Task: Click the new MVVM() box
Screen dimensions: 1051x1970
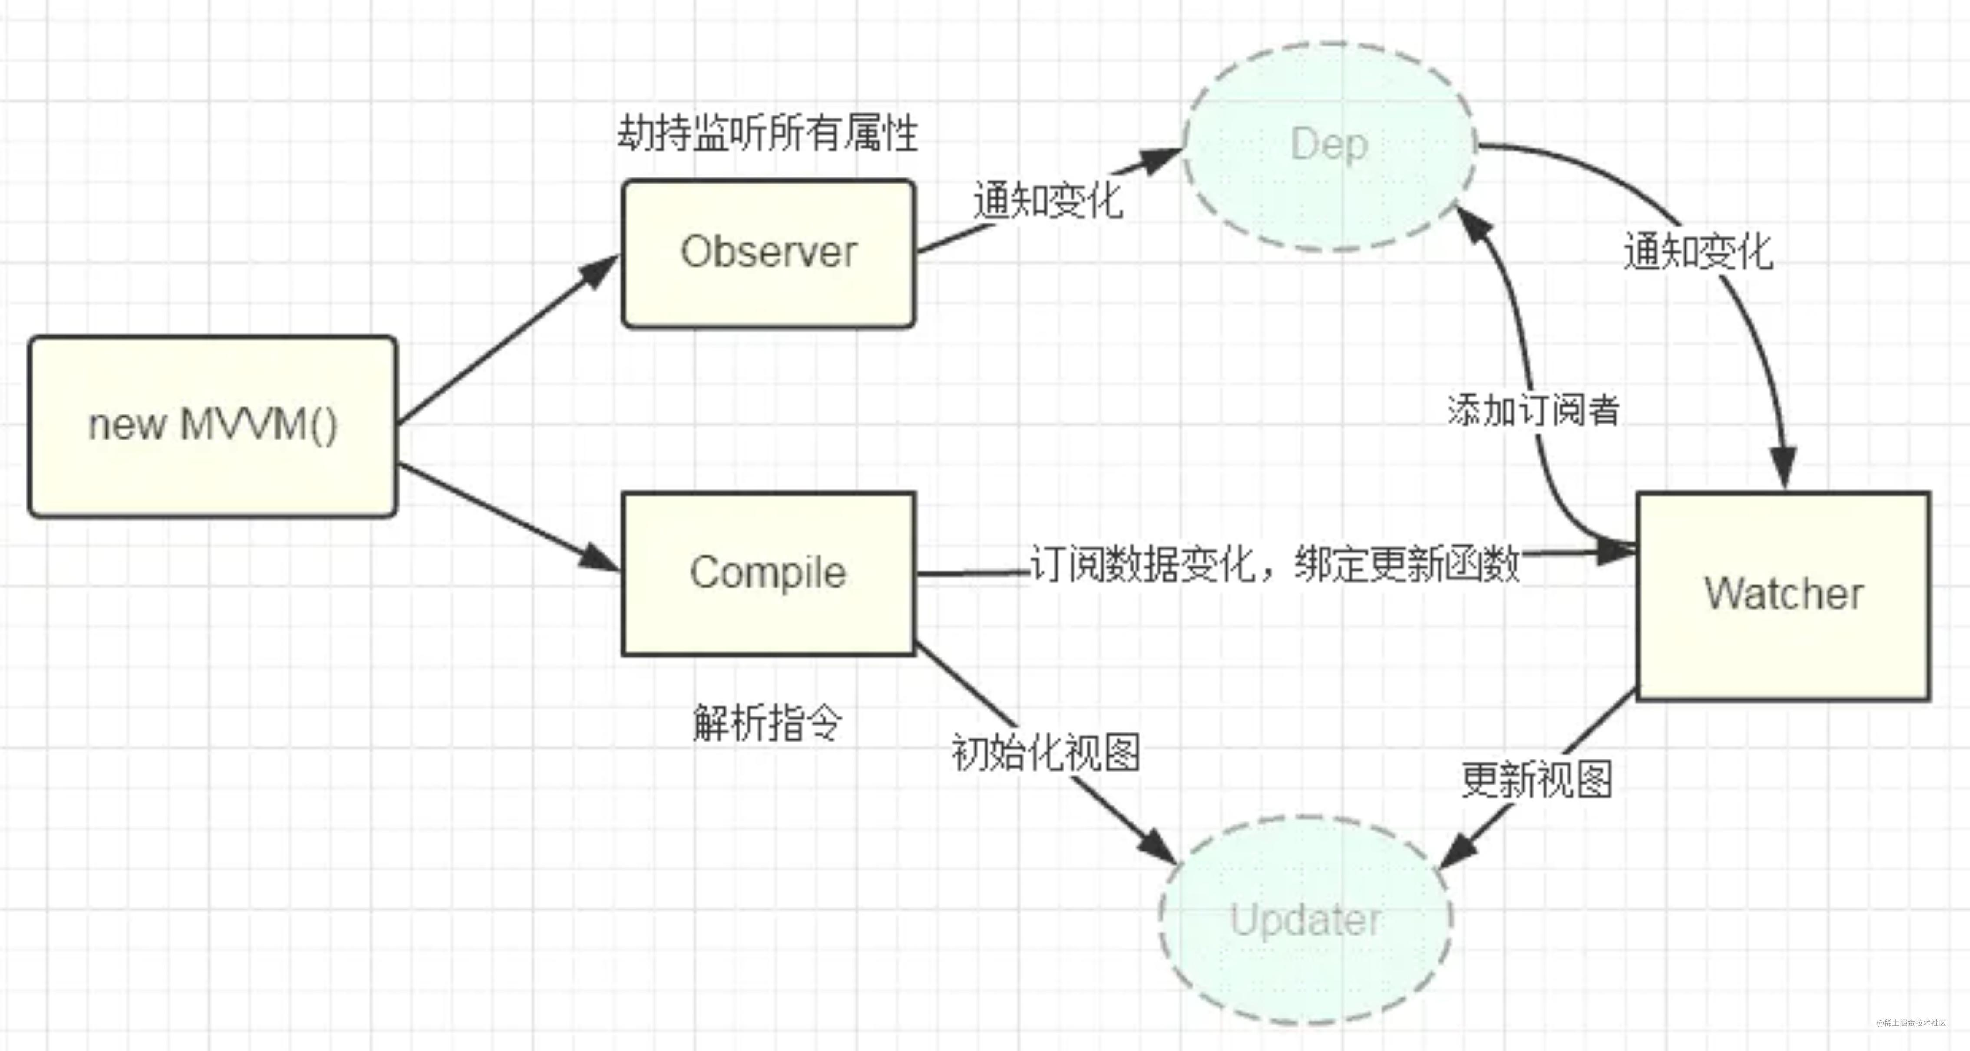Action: [x=213, y=426]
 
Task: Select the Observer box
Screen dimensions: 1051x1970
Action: [x=769, y=253]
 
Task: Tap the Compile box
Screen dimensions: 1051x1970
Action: [x=769, y=573]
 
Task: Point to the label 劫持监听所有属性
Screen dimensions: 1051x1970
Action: [x=768, y=133]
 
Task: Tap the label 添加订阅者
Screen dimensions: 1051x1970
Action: [x=1533, y=411]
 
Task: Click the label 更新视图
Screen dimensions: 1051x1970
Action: [x=1537, y=780]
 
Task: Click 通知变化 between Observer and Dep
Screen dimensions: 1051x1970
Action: [x=1048, y=201]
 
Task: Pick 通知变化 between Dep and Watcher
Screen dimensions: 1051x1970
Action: [x=1698, y=252]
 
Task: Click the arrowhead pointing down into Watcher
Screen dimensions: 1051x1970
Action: [x=1784, y=466]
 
